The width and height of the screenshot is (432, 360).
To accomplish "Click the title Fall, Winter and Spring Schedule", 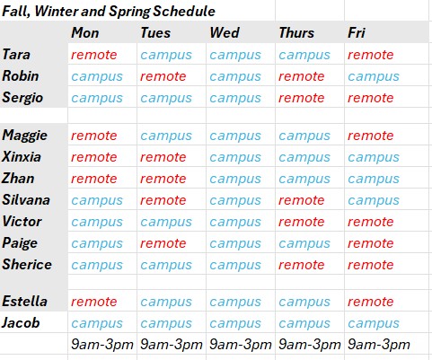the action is [x=109, y=12].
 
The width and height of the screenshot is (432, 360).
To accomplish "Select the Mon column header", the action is [x=85, y=32].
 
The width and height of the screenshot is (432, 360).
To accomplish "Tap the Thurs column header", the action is [x=296, y=32].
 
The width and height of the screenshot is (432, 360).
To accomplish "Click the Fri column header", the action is [x=357, y=32].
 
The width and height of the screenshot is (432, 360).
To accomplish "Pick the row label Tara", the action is [x=16, y=55].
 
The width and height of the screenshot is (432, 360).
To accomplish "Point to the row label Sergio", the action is [x=22, y=98].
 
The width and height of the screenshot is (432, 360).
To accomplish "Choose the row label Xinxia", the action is [x=22, y=156].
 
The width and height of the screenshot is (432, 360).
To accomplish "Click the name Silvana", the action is [x=26, y=199].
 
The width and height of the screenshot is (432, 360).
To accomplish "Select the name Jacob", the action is [x=21, y=322].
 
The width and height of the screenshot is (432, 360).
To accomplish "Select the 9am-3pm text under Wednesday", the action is [x=241, y=345].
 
